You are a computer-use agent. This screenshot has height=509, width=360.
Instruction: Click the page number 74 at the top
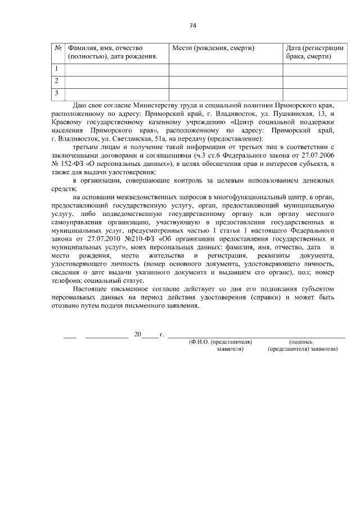193,25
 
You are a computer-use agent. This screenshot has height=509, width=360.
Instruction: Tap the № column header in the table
58,48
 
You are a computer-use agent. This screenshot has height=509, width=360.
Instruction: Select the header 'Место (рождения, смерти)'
212,48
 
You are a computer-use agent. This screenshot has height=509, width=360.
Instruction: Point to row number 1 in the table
56,69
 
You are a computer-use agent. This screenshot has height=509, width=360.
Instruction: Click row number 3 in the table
56,92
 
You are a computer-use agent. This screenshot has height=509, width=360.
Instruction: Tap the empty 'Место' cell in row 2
225,81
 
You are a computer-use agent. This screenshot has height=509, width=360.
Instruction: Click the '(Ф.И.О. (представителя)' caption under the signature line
220,341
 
